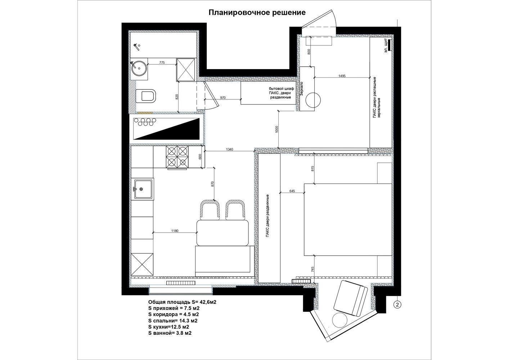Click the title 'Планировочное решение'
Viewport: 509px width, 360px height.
pyautogui.click(x=257, y=13)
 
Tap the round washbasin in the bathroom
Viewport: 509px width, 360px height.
pyautogui.click(x=139, y=68)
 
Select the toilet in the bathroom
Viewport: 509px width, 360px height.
pyautogui.click(x=146, y=96)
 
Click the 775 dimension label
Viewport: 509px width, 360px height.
pyautogui.click(x=162, y=63)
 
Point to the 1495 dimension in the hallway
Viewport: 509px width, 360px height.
pyautogui.click(x=342, y=76)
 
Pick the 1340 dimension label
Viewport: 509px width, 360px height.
pyautogui.click(x=230, y=149)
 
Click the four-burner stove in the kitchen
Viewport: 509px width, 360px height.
pyautogui.click(x=177, y=157)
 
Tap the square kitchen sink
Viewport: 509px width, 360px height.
pyautogui.click(x=144, y=189)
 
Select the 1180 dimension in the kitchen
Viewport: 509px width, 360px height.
pyautogui.click(x=175, y=231)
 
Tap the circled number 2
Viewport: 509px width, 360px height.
pyautogui.click(x=397, y=305)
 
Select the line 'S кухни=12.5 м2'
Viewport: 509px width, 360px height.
pyautogui.click(x=168, y=327)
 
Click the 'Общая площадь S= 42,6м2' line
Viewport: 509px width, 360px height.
pyautogui.click(x=182, y=302)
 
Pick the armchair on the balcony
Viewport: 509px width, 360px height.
pyautogui.click(x=351, y=298)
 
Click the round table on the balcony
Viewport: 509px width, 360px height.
pyautogui.click(x=340, y=320)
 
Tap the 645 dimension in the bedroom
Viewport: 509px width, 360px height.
pyautogui.click(x=292, y=191)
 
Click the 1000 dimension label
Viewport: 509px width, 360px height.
pyautogui.click(x=276, y=129)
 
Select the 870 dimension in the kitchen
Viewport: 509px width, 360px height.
pyautogui.click(x=212, y=184)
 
